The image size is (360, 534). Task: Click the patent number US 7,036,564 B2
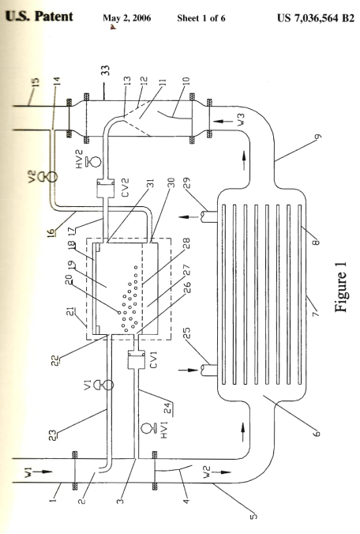pyautogui.click(x=316, y=17)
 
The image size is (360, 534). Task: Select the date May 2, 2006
pyautogui.click(x=127, y=18)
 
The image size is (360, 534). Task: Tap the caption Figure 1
pyautogui.click(x=340, y=287)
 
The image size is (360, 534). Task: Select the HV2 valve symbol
pyautogui.click(x=94, y=161)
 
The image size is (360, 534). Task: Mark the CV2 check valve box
pyautogui.click(x=105, y=188)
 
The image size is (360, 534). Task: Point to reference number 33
pyautogui.click(x=106, y=71)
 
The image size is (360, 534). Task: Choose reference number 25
pyautogui.click(x=186, y=333)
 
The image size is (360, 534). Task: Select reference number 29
pyautogui.click(x=186, y=182)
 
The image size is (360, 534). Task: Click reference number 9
pyautogui.click(x=318, y=137)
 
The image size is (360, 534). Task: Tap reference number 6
pyautogui.click(x=317, y=434)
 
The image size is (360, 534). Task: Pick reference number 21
pyautogui.click(x=73, y=311)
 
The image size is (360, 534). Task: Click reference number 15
pyautogui.click(x=36, y=82)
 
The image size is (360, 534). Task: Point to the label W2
pyautogui.click(x=207, y=472)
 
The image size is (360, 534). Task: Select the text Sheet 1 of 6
pyautogui.click(x=201, y=18)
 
